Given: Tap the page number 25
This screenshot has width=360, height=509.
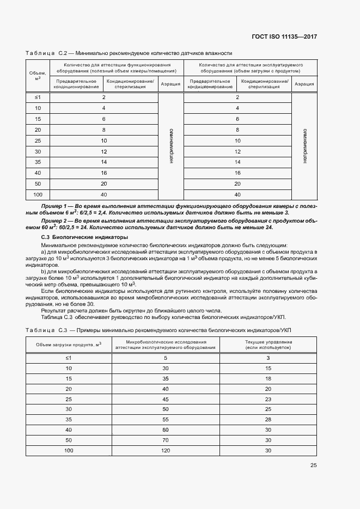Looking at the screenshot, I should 314,465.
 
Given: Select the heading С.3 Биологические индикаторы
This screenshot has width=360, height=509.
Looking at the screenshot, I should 77,237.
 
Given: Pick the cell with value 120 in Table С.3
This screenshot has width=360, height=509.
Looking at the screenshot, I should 166,451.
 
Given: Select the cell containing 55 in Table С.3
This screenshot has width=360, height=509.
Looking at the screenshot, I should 166,420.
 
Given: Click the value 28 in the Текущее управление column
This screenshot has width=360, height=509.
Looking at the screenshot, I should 268,420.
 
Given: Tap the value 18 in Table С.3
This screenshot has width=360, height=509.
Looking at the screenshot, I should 268,378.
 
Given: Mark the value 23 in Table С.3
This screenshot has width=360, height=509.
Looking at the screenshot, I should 268,399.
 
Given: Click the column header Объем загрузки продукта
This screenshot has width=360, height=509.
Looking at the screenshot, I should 69,344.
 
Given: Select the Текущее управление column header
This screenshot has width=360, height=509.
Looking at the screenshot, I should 268,344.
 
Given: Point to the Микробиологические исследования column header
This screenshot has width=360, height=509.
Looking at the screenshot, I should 166,344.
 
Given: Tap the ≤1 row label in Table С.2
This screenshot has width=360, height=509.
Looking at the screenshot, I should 38,97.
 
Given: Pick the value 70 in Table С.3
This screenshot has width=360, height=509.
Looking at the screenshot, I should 166,440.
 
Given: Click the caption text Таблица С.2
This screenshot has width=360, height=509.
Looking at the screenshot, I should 48,53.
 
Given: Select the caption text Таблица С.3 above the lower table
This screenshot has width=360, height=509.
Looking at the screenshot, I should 48,330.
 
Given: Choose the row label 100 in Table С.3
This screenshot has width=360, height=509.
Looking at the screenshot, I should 69,451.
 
